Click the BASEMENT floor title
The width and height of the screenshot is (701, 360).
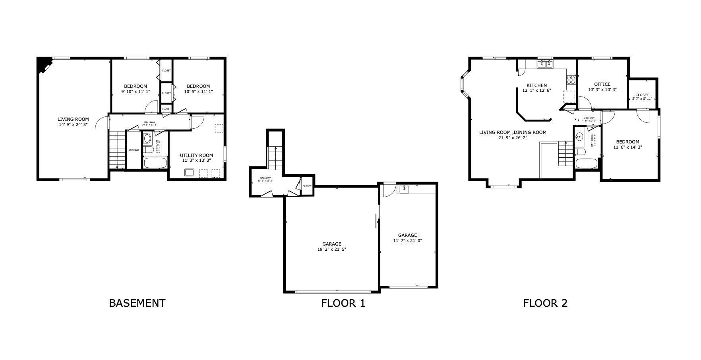[137, 303]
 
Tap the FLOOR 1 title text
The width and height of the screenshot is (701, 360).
[343, 304]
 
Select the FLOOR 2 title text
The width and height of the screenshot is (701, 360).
[545, 304]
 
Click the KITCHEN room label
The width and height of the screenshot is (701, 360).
[536, 85]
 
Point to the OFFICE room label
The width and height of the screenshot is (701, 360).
[602, 84]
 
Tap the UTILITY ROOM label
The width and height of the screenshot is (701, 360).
[196, 155]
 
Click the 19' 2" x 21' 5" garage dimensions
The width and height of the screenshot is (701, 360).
[331, 250]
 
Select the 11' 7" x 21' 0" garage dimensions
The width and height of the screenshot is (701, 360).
[408, 241]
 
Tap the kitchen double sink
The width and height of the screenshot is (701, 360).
[545, 64]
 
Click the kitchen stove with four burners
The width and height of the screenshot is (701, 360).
[571, 79]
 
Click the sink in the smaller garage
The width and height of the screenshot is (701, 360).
[404, 189]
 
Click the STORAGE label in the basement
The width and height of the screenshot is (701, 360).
[134, 150]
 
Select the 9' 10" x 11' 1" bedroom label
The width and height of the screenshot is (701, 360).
[135, 91]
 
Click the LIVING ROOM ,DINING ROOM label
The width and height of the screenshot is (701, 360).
[512, 132]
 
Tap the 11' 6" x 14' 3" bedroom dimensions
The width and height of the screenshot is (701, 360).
[627, 147]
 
